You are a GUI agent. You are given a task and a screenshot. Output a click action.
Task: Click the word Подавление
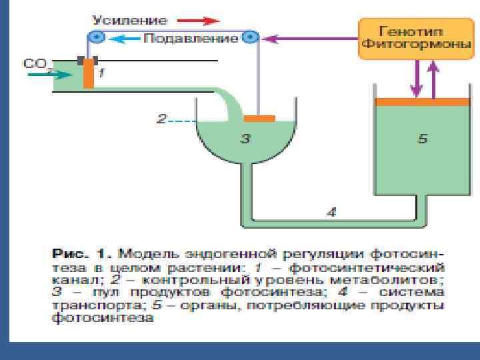tap(191, 38)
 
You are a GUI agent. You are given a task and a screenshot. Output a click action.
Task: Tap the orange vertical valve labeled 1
tap(88, 74)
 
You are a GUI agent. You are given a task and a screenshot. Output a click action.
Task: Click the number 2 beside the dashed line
tap(161, 120)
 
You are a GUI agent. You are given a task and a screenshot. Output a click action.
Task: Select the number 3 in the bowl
tap(245, 139)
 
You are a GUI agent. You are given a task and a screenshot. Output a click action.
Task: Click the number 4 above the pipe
tap(331, 212)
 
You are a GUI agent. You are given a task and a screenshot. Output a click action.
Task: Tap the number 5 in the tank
tap(422, 139)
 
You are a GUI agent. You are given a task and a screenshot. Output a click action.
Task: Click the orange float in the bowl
tap(259, 119)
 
